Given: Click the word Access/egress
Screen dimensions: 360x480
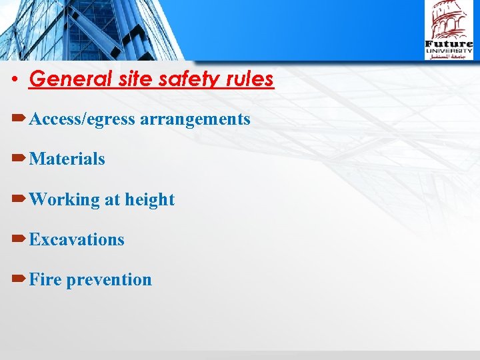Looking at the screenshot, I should tap(83, 119).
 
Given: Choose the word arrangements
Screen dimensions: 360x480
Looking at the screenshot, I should tap(195, 119).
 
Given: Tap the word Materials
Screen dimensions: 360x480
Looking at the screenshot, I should tap(67, 159).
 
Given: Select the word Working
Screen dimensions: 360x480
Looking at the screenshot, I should tap(65, 199).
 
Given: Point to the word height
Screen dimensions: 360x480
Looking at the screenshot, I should tap(150, 199).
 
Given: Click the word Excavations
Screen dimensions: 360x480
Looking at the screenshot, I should tap(77, 239).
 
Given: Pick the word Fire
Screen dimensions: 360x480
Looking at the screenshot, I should tap(45, 279).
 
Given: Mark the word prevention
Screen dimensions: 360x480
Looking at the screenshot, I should tap(109, 279).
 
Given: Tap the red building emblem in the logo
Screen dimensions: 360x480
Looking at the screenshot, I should tap(448, 20).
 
